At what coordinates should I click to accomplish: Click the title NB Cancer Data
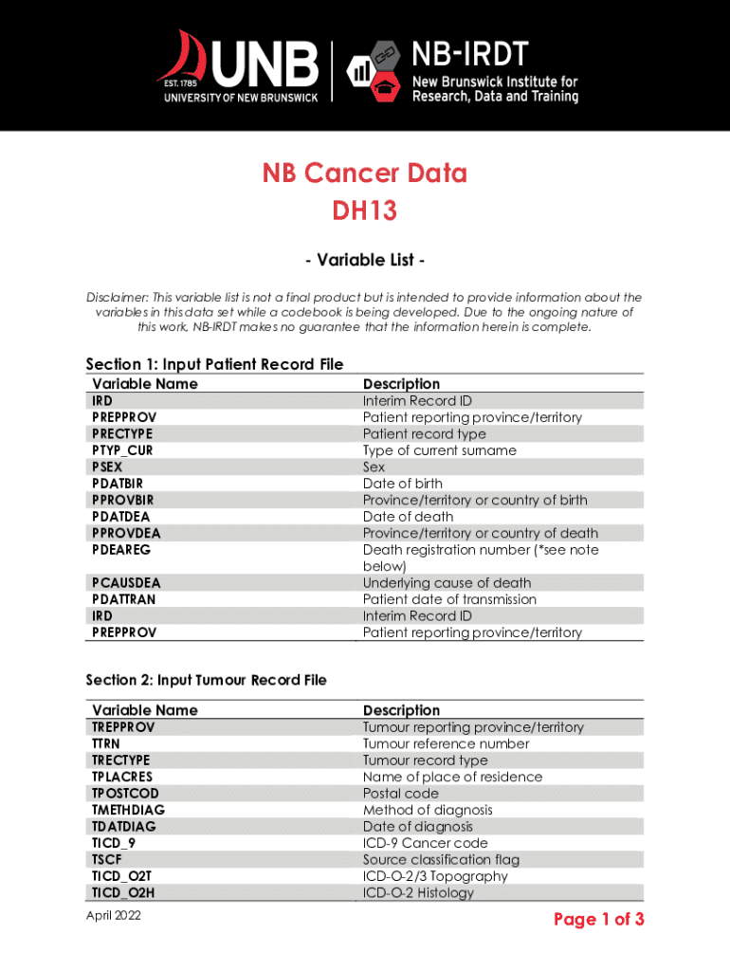(x=365, y=174)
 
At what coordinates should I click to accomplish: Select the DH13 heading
(x=364, y=211)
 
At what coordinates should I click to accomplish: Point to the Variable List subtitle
(x=364, y=260)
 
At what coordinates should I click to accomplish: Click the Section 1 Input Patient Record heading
(x=214, y=364)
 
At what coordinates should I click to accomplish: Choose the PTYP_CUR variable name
(x=121, y=450)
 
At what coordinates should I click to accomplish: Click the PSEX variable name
(x=107, y=467)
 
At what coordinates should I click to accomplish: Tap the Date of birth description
(x=402, y=484)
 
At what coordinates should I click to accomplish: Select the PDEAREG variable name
(x=121, y=550)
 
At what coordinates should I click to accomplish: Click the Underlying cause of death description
(x=447, y=583)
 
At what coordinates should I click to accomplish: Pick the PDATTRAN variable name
(x=124, y=599)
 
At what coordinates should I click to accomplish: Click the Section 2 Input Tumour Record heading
(x=206, y=680)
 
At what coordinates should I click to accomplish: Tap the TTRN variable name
(x=106, y=743)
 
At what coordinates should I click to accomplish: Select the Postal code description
(x=401, y=793)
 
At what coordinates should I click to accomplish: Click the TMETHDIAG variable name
(x=128, y=810)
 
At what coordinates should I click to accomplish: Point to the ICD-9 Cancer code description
(x=426, y=843)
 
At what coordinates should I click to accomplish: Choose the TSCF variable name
(x=105, y=859)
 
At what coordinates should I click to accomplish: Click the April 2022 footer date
(x=113, y=915)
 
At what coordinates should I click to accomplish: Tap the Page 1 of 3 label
(x=599, y=919)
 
